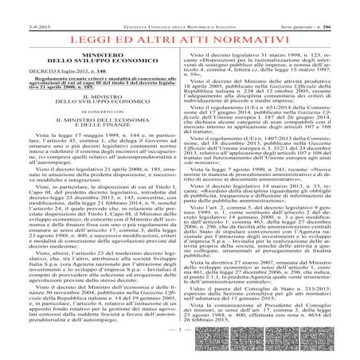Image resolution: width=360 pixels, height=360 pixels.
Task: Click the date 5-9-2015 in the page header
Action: click(x=16, y=6)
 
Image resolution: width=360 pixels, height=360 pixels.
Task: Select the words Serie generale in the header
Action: click(x=303, y=6)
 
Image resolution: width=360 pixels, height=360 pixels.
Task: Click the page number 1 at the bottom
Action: click(x=180, y=350)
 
